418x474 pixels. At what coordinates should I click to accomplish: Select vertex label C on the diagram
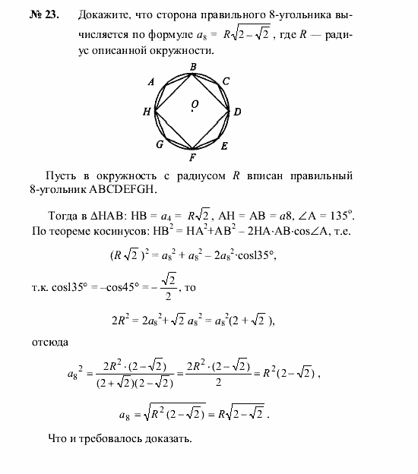click(226, 82)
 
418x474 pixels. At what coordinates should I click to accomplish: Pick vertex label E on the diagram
click(224, 144)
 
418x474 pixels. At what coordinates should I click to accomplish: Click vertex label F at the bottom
click(193, 158)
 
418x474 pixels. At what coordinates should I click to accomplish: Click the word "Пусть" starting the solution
click(62, 175)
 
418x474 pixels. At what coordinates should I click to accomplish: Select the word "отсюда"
click(50, 343)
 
